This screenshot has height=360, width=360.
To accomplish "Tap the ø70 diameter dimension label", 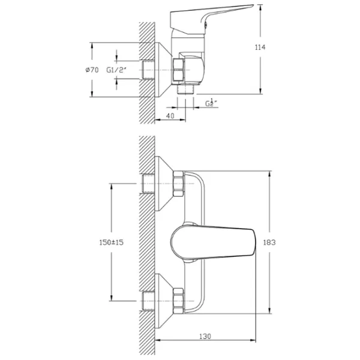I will click(x=92, y=70).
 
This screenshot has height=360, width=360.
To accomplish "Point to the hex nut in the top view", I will click(x=181, y=70).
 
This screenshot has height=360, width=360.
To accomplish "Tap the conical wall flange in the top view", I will click(x=162, y=70).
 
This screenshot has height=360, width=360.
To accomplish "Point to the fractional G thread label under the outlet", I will click(x=210, y=103).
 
